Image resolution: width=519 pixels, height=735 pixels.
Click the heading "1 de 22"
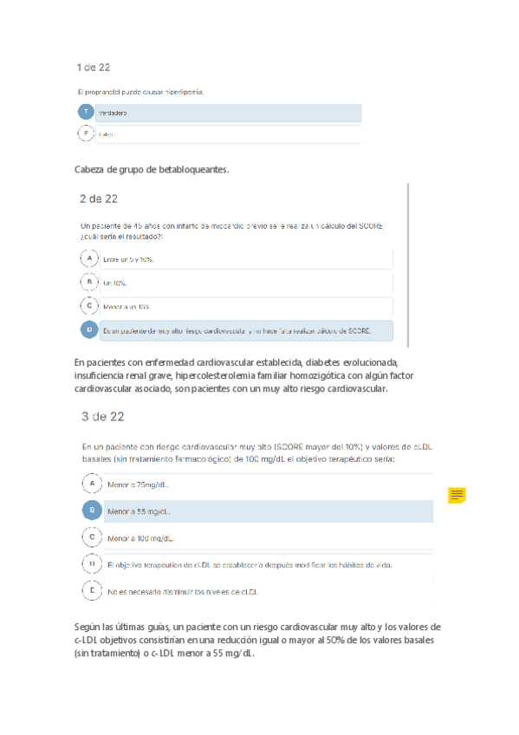pyautogui.click(x=93, y=67)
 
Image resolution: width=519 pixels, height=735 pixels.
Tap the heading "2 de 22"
pyautogui.click(x=98, y=198)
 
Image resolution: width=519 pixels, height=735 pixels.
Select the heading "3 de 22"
pyautogui.click(x=102, y=416)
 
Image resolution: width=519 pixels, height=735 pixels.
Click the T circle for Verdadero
pyautogui.click(x=85, y=112)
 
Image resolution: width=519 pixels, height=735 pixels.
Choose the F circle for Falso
pyautogui.click(x=85, y=133)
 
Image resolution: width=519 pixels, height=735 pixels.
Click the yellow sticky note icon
pyautogui.click(x=457, y=495)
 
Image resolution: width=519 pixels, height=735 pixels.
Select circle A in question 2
pyautogui.click(x=88, y=258)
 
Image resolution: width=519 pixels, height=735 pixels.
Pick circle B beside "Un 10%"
pyautogui.click(x=88, y=282)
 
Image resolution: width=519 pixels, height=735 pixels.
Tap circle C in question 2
pyautogui.click(x=88, y=305)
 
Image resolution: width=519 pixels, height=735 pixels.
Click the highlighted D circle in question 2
pyautogui.click(x=88, y=329)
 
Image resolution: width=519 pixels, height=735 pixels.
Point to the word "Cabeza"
pyautogui.click(x=91, y=170)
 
